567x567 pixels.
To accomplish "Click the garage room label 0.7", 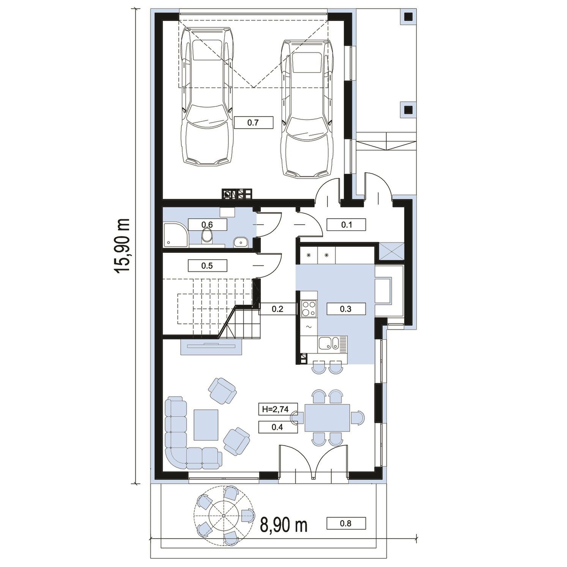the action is click(253, 123).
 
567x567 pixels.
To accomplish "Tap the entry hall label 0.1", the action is click(346, 225).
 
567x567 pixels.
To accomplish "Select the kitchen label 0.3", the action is click(346, 309).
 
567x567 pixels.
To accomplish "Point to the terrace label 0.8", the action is click(346, 523).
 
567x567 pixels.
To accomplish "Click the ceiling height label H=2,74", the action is click(276, 409).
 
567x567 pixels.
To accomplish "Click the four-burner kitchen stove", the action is click(309, 308).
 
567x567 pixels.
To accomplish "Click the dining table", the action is click(327, 418).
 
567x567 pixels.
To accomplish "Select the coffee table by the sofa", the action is click(206, 424).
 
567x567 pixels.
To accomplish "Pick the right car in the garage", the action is click(307, 108).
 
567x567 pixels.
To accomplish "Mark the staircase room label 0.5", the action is click(207, 266).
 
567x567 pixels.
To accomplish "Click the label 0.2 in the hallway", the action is click(277, 309).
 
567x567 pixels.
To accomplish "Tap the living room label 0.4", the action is click(277, 427).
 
